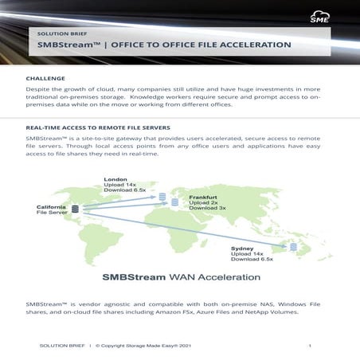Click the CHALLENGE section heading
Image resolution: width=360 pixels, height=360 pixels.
point(45,79)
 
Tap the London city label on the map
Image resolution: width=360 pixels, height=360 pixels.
point(115,180)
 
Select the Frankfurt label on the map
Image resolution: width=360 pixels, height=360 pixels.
point(203,196)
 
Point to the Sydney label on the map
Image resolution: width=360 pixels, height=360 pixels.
point(242,248)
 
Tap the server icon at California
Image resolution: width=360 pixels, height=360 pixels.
point(76,209)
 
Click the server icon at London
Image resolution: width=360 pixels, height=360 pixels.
point(162,196)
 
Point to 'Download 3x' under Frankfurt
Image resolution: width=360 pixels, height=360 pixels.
point(207,209)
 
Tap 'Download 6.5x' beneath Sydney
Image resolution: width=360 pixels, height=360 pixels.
point(252,260)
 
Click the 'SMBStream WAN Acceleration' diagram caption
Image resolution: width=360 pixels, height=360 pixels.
point(180,278)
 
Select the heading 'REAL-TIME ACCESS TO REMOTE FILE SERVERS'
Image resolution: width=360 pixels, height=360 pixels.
point(97,127)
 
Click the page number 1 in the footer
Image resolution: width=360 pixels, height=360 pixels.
point(309,346)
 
